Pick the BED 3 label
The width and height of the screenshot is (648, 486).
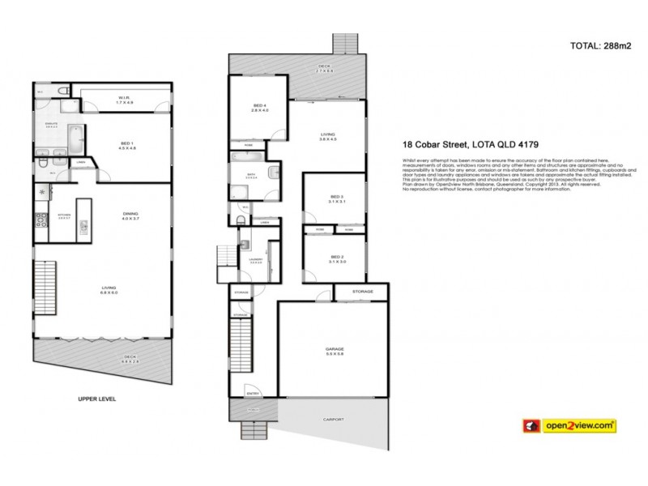coord(338,198)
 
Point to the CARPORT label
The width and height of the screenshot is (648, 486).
coord(333,419)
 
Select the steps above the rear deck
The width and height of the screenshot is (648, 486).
coord(345,42)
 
